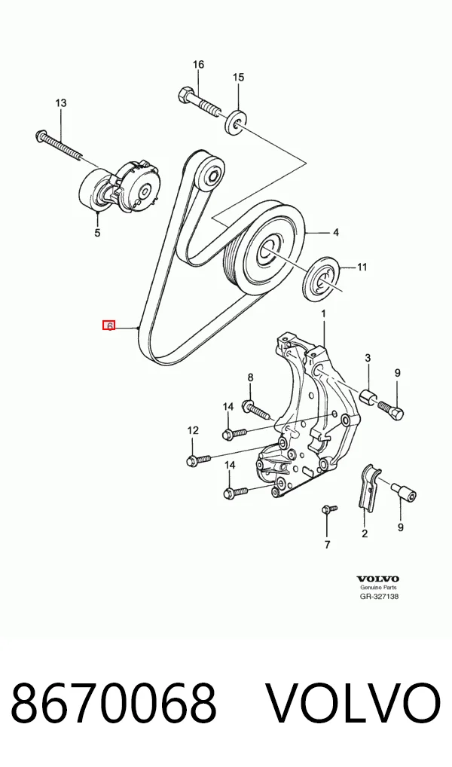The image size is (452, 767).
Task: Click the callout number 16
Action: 198,65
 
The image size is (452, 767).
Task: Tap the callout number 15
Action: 238,78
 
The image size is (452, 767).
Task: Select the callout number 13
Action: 61,103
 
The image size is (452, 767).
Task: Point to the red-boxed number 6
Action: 108,325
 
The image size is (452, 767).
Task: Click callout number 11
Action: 362,267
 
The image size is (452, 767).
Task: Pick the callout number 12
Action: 193,430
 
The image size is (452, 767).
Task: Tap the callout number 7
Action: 327,545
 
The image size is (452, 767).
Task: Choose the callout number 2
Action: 365,533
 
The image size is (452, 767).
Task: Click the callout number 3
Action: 368,358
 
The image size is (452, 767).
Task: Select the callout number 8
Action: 250,377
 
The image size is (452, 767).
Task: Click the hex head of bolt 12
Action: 192,460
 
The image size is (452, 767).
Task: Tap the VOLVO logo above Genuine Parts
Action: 377,579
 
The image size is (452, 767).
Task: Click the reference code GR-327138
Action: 379,596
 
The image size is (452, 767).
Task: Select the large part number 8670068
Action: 114,703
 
